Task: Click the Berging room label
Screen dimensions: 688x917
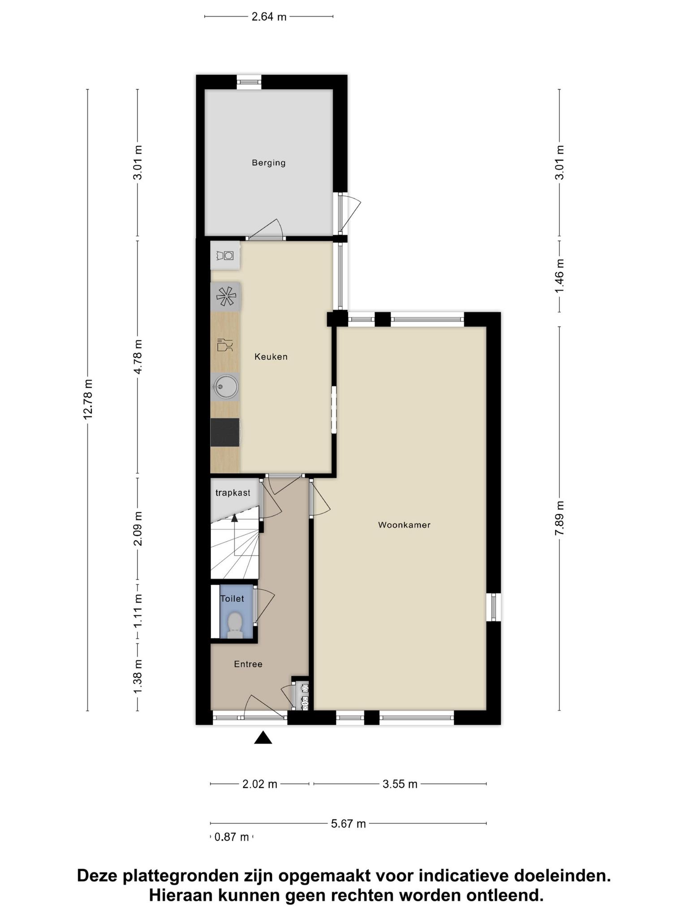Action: click(x=269, y=163)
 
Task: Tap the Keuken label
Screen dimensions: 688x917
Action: click(x=271, y=357)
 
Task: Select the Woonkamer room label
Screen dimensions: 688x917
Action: click(x=404, y=525)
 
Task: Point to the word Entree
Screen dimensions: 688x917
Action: click(x=248, y=664)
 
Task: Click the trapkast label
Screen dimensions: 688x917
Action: click(x=233, y=493)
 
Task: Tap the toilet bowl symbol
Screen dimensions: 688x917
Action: click(x=235, y=625)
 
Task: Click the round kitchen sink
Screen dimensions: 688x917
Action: click(x=225, y=386)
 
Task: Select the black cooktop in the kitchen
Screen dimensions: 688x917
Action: click(x=225, y=432)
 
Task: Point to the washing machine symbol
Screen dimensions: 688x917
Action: click(x=225, y=256)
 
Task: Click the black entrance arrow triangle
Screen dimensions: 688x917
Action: click(x=263, y=737)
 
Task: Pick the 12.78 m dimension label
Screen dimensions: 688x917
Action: click(x=88, y=399)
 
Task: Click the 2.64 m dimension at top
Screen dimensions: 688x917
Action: click(x=269, y=17)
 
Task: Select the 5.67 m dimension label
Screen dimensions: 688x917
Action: click(x=348, y=823)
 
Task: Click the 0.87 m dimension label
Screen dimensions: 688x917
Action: click(x=232, y=837)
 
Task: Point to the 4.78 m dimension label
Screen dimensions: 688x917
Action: click(x=138, y=357)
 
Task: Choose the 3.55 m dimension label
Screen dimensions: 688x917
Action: click(x=400, y=784)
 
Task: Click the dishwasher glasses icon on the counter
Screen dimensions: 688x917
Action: click(x=225, y=345)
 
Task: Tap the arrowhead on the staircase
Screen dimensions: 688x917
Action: click(x=234, y=518)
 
